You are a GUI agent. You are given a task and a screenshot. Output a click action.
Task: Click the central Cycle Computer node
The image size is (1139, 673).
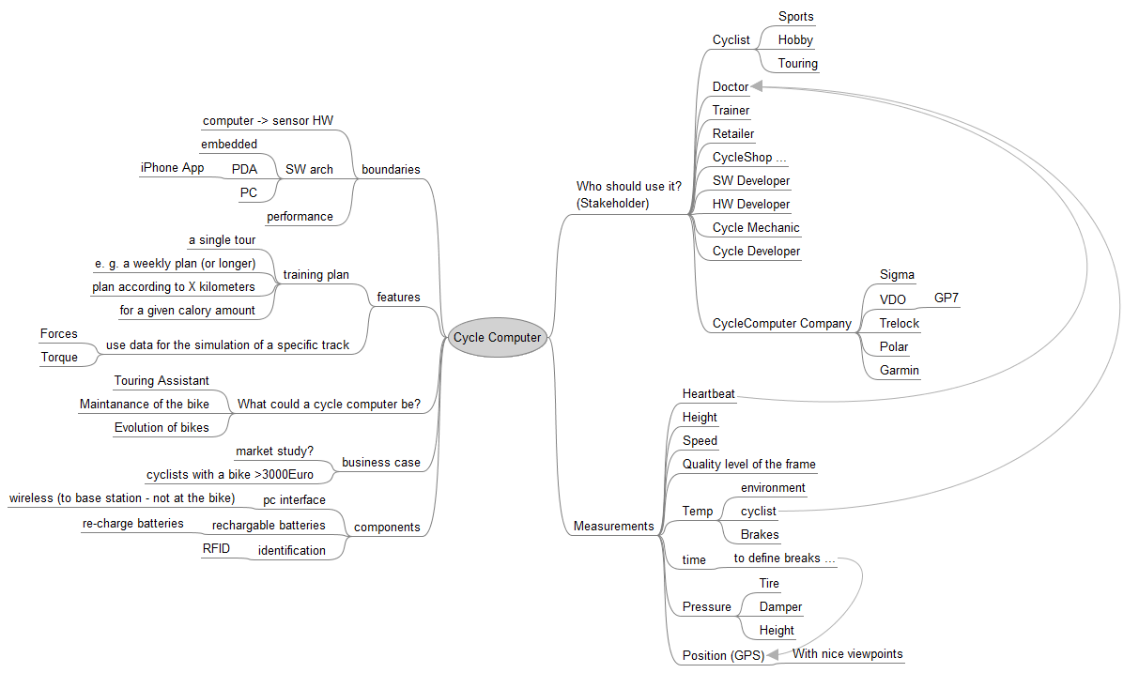click(x=497, y=338)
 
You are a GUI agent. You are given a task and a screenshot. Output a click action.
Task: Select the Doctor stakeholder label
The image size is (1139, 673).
click(x=731, y=87)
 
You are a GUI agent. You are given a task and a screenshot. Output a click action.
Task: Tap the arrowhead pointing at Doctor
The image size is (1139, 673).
click(x=757, y=86)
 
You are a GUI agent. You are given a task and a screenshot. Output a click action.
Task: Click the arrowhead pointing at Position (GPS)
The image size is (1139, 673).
click(x=773, y=655)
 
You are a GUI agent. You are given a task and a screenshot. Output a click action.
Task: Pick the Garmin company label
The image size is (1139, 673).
click(x=900, y=371)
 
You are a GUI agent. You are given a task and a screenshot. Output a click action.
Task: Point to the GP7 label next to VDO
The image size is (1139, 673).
click(x=947, y=299)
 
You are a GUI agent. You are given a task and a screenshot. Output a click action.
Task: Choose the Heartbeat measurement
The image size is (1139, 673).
click(x=709, y=394)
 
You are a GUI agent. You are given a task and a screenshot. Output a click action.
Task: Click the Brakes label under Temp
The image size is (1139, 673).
click(x=760, y=535)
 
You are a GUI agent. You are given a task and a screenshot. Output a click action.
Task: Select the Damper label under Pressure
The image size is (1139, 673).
click(x=780, y=607)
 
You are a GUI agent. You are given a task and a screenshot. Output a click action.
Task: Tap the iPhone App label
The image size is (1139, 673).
click(x=172, y=168)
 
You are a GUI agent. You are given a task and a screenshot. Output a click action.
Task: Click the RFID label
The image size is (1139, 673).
click(x=216, y=549)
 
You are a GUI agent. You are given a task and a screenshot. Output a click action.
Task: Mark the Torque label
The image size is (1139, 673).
click(x=59, y=358)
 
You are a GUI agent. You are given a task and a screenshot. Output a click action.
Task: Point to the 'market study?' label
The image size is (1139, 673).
click(x=274, y=451)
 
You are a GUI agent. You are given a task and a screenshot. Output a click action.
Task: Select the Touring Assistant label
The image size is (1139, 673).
click(x=162, y=381)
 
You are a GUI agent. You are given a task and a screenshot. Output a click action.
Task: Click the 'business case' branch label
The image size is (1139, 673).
click(x=380, y=463)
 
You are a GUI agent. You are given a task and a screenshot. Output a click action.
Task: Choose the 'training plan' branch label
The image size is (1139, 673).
click(x=316, y=275)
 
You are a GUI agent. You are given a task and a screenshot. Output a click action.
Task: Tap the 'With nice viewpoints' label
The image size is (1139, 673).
click(x=848, y=654)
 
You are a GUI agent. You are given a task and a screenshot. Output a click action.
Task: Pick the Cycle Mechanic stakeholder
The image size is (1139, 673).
click(x=756, y=228)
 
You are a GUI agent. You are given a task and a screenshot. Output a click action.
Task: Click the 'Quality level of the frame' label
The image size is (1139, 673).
click(x=748, y=465)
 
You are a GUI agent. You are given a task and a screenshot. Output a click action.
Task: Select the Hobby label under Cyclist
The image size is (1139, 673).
click(x=795, y=40)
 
